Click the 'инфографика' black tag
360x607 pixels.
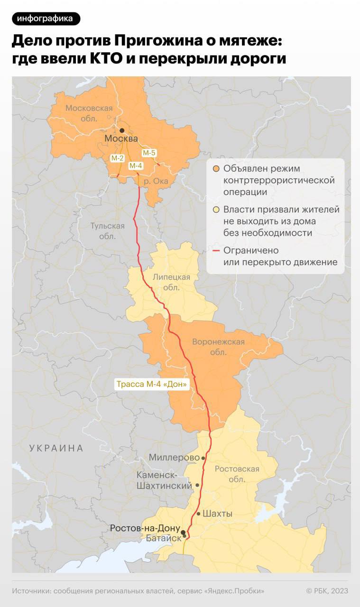[46, 18]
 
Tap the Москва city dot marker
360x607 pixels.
[122, 130]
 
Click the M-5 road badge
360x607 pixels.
[149, 153]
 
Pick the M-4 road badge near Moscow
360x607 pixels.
[136, 166]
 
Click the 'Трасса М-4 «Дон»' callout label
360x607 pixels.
[152, 384]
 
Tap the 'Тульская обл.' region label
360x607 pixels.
[108, 231]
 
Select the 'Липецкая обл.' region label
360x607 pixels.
[171, 282]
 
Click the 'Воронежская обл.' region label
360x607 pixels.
[218, 347]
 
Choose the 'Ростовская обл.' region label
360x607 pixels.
[237, 474]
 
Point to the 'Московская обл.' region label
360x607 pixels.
[89, 113]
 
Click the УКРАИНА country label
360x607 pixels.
[56, 448]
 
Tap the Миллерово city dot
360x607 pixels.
[203, 458]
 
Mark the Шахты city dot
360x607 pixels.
[198, 514]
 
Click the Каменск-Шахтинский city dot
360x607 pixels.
[197, 485]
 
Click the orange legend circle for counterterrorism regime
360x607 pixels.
[216, 169]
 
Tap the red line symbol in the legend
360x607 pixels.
[216, 250]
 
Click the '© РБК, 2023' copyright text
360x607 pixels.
[327, 590]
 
